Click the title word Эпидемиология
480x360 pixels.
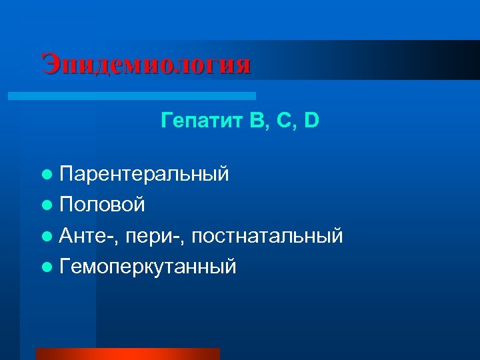click(146, 65)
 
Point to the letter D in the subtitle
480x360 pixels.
click(311, 121)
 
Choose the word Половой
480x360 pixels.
click(102, 205)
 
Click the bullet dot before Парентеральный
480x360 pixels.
click(45, 175)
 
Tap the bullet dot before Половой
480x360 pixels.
click(45, 205)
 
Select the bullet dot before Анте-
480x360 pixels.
click(45, 236)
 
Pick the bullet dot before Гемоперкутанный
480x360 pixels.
click(45, 267)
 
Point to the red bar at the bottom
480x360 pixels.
click(127, 353)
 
